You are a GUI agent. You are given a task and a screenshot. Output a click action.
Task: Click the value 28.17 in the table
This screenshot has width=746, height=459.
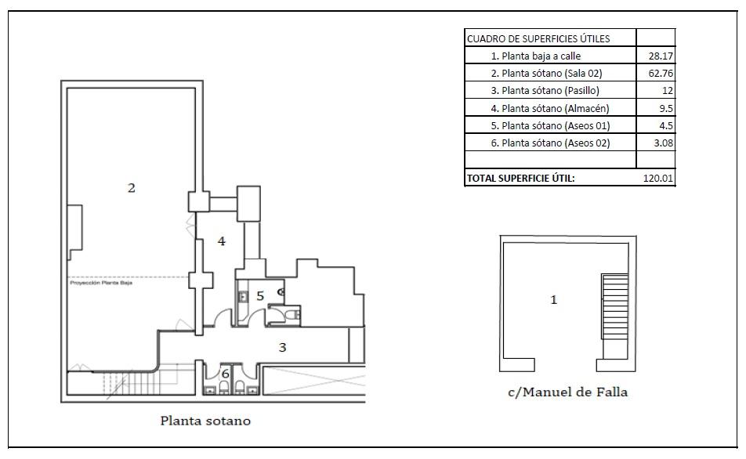661,56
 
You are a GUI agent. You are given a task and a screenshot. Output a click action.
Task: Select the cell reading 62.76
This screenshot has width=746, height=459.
661,74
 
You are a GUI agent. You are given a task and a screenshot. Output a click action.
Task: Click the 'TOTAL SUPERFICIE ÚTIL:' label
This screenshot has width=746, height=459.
521,179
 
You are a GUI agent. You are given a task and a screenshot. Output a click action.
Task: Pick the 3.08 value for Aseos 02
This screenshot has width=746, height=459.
663,143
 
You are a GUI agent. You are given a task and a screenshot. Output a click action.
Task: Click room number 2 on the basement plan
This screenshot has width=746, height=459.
132,188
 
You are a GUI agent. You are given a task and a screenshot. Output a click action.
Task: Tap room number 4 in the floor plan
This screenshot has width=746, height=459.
222,241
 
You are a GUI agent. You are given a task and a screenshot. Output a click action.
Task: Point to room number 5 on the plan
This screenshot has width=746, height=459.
260,295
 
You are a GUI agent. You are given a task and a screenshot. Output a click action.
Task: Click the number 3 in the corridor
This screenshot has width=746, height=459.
283,348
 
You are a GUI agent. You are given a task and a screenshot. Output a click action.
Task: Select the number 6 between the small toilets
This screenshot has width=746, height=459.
225,374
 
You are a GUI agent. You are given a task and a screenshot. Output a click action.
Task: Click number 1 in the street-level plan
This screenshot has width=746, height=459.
554,300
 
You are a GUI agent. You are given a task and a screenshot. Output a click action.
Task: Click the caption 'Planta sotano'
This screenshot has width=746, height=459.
205,421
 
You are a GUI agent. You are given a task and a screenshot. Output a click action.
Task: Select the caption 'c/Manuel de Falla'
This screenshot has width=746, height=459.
567,392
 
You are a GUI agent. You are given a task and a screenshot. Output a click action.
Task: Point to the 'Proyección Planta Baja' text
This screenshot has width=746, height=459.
101,284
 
